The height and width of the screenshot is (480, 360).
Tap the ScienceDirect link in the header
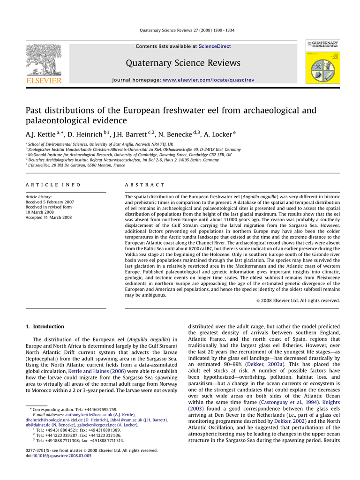tap(215, 46)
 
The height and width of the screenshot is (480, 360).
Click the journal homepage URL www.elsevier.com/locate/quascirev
tap(208, 80)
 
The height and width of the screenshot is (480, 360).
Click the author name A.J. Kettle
tap(40, 135)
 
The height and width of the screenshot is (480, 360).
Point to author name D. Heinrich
tap(85, 135)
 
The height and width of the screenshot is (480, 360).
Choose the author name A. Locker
tap(218, 135)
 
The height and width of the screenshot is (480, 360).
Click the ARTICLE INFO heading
tap(53, 185)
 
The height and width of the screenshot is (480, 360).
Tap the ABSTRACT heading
tap(145, 185)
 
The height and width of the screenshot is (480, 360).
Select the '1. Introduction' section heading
tap(45, 327)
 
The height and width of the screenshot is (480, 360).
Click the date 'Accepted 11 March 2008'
tap(48, 217)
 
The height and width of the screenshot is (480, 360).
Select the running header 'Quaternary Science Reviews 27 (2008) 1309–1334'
tap(187, 30)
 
